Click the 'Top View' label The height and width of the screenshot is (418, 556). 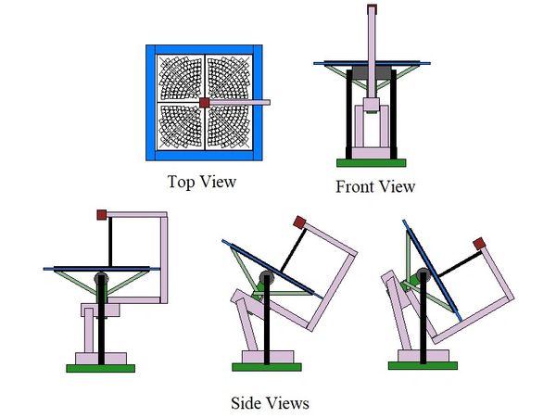201,181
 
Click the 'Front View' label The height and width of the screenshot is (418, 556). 374,186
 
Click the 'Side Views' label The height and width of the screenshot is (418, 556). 270,403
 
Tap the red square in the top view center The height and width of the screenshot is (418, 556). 205,102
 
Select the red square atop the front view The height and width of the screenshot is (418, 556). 373,9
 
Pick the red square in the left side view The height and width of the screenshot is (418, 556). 102,214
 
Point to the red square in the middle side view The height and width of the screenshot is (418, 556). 298,222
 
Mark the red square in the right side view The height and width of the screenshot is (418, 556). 479,243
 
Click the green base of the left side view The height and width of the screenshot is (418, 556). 101,368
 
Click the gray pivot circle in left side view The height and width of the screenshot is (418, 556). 102,279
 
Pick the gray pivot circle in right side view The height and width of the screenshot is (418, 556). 423,276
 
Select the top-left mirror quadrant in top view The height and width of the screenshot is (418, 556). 180,77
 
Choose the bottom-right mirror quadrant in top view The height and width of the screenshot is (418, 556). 230,128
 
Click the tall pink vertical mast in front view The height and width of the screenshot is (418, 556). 373,42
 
